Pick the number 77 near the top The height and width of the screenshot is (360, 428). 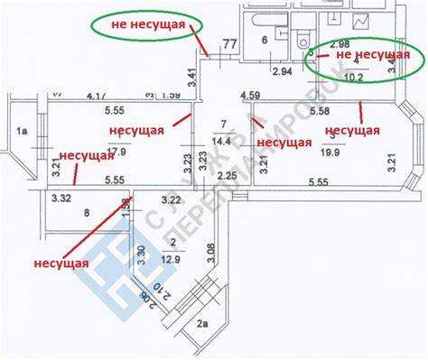coord(229,42)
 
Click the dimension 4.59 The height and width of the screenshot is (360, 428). coord(250,94)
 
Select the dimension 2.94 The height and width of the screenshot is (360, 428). coord(282,71)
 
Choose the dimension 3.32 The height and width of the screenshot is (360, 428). coord(61,198)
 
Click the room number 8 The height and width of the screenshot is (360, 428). coord(87,213)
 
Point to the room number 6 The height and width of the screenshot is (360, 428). coord(265,41)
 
